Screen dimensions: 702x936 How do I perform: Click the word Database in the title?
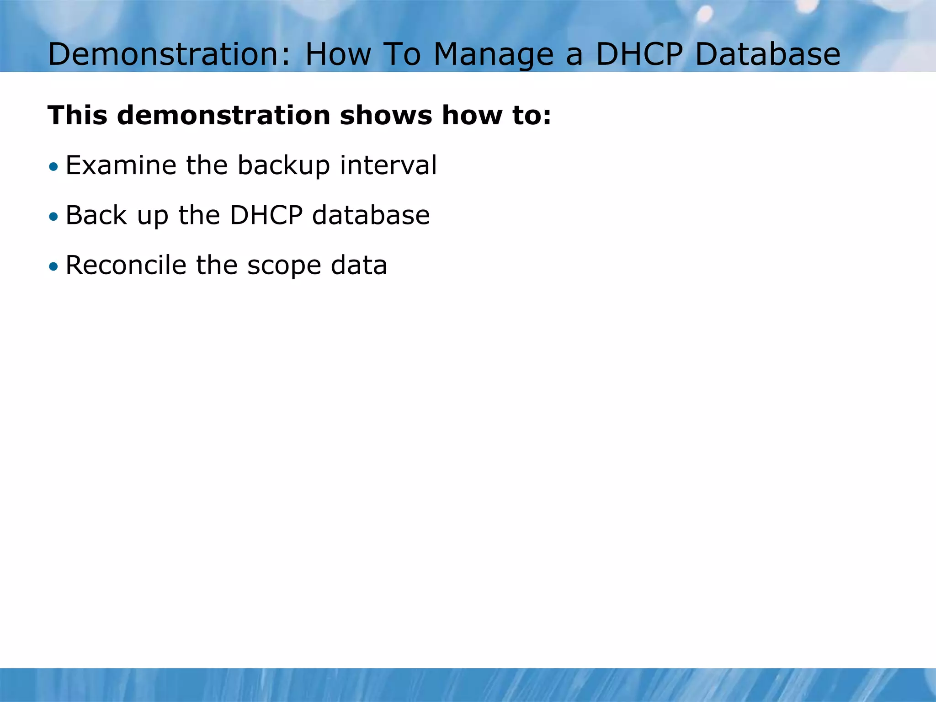point(767,54)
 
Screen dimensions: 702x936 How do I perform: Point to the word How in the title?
point(338,54)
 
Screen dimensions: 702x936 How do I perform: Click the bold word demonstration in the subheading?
point(223,115)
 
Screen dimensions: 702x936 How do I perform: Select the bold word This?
point(77,115)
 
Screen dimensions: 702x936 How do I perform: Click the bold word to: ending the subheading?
point(532,115)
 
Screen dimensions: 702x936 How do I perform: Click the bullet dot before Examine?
point(54,166)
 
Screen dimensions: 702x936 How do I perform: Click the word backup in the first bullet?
point(283,165)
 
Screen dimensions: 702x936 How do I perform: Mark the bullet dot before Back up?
point(54,217)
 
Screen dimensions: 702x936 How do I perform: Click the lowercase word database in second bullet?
point(371,216)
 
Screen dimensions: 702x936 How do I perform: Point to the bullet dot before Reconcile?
point(54,266)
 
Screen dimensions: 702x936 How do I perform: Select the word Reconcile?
point(126,266)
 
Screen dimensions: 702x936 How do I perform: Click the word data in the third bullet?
point(359,266)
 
